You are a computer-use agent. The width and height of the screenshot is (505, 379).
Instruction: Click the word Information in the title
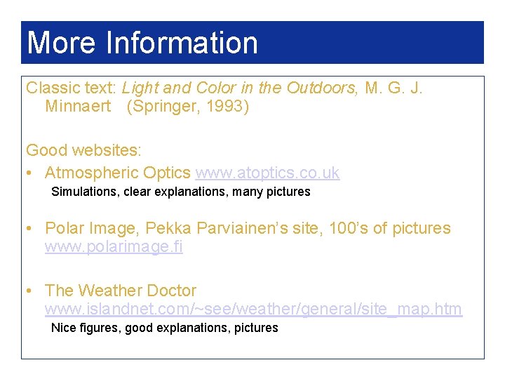(x=182, y=43)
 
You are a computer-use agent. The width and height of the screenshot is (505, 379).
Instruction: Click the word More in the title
(x=62, y=43)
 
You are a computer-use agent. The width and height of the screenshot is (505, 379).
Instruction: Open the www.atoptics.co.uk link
(x=267, y=173)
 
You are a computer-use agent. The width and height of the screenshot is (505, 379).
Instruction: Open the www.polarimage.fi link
(x=114, y=247)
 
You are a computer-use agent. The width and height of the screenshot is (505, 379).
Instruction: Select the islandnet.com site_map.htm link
(x=253, y=309)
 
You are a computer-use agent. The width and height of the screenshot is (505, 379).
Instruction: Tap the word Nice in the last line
(x=63, y=328)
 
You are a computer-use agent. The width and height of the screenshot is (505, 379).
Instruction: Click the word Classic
(x=48, y=88)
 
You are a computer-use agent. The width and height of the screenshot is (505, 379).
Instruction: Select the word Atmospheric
(x=91, y=173)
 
